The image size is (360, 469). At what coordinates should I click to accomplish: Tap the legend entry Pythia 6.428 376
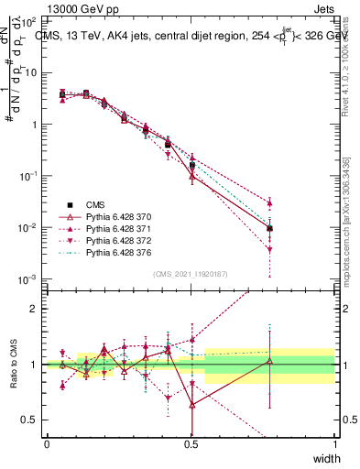[115, 252]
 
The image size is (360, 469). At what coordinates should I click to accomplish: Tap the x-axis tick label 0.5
[191, 444]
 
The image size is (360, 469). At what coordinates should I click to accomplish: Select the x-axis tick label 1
[335, 444]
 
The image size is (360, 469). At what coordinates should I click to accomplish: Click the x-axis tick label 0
[47, 444]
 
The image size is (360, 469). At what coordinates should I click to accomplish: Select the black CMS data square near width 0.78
[269, 228]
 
